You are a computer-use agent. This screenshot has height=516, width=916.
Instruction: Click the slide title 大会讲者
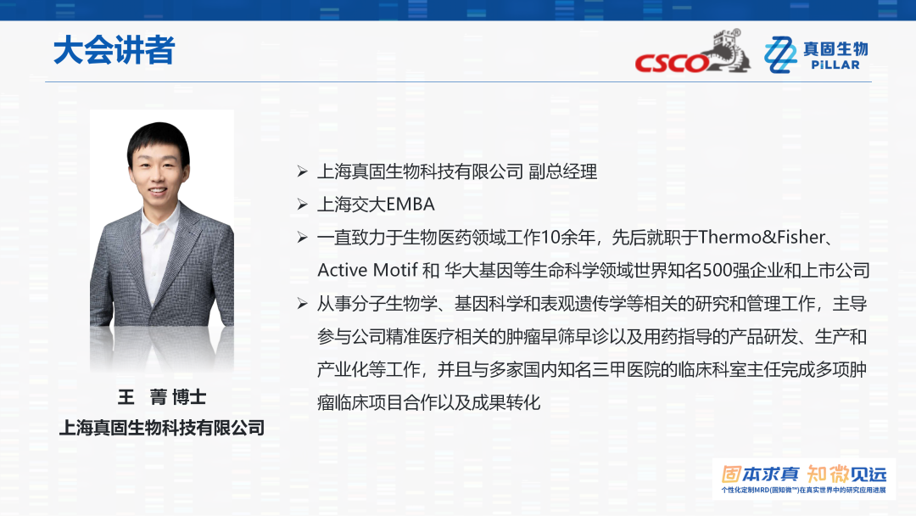click(x=114, y=50)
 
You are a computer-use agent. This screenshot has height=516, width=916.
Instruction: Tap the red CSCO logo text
click(x=673, y=63)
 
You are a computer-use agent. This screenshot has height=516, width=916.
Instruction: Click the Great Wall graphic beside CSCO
click(x=728, y=52)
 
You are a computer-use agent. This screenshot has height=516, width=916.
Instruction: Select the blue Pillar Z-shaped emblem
click(x=780, y=54)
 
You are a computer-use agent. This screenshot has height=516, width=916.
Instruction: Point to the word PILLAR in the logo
click(x=835, y=64)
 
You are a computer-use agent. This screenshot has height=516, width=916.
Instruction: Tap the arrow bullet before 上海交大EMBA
click(x=302, y=204)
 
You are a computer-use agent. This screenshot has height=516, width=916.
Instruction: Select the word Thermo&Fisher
click(x=762, y=237)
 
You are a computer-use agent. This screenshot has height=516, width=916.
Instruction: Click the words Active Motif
click(x=367, y=270)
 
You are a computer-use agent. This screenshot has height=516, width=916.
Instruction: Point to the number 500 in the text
click(x=717, y=270)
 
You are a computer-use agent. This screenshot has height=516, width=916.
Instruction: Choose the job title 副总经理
click(x=562, y=171)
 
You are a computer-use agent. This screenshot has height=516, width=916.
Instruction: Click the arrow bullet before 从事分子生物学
click(x=302, y=303)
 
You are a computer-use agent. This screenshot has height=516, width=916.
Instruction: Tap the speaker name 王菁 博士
click(x=162, y=397)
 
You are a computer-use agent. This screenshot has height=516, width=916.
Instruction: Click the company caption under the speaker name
click(x=162, y=428)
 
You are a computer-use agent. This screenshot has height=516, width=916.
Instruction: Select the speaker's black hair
click(x=159, y=139)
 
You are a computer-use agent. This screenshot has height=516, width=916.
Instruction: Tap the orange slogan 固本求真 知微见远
click(x=804, y=474)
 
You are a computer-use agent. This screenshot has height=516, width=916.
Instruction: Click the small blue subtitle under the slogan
click(x=804, y=491)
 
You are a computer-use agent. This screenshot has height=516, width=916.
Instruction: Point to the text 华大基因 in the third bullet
click(x=478, y=270)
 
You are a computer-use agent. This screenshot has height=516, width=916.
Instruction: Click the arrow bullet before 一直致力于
click(x=302, y=238)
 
